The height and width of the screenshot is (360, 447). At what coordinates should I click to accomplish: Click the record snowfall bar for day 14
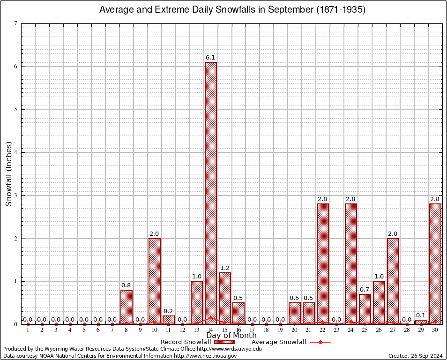coord(211,192)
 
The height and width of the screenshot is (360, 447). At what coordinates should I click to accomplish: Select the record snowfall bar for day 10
coord(155,281)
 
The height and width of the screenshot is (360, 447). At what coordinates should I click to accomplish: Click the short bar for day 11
coord(169,320)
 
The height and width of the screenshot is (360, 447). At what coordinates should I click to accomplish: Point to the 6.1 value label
coord(211,58)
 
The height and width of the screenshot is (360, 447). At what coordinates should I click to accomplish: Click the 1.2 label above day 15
coord(225,268)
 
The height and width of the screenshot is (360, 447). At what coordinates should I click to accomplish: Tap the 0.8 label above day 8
coord(127,285)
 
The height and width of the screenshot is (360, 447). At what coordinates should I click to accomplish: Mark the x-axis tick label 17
coord(253,330)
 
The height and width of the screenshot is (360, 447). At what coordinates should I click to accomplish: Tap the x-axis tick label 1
coord(28,330)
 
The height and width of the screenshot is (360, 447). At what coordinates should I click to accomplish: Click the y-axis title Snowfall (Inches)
coord(8,174)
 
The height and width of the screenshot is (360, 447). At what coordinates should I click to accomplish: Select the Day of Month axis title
coord(231,335)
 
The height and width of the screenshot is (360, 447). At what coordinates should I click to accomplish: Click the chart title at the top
coord(232,10)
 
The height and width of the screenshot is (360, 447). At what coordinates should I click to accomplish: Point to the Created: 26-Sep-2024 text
coord(415,356)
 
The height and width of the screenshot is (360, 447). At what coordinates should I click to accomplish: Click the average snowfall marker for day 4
coord(70,324)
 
